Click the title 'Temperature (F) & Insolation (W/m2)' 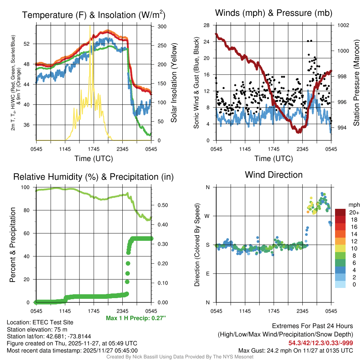point(94,15)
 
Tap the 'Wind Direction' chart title point(274,175)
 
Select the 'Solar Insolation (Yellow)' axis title point(174,83)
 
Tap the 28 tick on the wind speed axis point(207,25)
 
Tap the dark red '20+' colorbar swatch point(340,212)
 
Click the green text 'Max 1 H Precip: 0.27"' point(135,318)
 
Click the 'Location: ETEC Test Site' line point(40,322)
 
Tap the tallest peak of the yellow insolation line point(90,26)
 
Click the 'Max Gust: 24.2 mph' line point(295,350)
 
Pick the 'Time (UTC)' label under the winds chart point(274,159)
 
